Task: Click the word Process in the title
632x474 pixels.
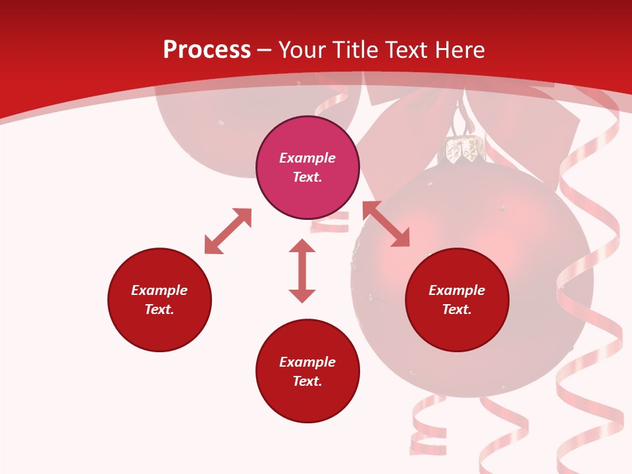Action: [x=207, y=50]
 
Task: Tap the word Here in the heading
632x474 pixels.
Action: [x=459, y=50]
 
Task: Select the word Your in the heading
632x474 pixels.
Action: [x=303, y=50]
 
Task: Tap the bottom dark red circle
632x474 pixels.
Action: [x=307, y=402]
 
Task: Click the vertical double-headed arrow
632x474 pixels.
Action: [x=302, y=271]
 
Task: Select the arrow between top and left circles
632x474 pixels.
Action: [x=228, y=231]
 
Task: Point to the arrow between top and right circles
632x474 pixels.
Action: [x=386, y=224]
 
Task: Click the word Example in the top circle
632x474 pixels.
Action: [x=307, y=158]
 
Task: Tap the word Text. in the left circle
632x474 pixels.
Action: [x=159, y=309]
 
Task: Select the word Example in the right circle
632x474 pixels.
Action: [x=457, y=290]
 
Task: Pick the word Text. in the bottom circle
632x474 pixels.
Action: [x=307, y=381]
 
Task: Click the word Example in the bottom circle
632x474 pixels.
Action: [x=307, y=362]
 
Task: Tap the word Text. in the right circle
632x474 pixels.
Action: [x=457, y=309]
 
